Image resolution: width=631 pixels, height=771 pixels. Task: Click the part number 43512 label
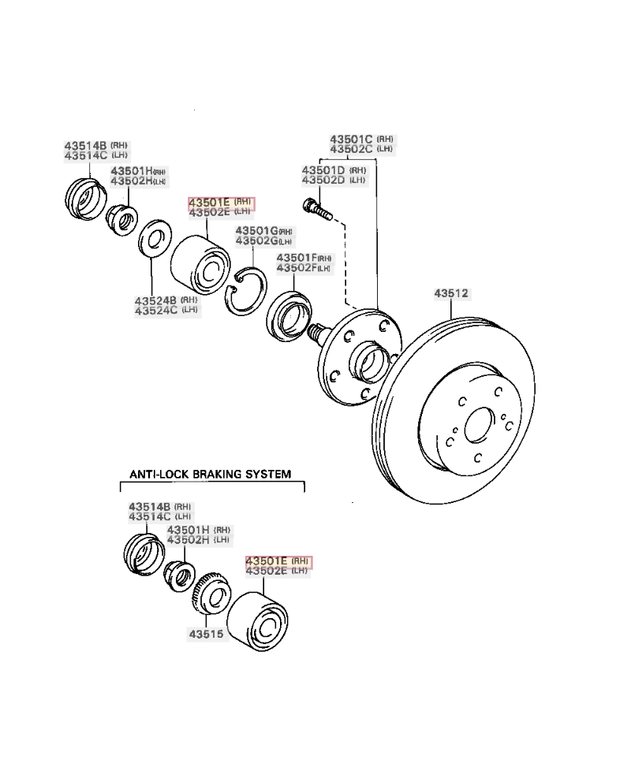(451, 293)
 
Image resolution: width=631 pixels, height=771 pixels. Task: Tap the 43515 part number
(204, 633)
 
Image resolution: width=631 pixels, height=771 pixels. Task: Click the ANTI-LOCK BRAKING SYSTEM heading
(210, 475)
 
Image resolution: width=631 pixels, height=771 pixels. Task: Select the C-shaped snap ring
(246, 291)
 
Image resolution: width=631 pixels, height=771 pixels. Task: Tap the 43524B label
(155, 300)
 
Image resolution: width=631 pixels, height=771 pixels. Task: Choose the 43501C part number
(351, 139)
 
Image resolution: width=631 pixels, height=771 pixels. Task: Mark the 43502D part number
(323, 180)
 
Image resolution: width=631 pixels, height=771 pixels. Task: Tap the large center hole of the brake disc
(478, 426)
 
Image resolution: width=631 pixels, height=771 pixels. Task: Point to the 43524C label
(155, 311)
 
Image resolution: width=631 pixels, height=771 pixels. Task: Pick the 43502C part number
(351, 149)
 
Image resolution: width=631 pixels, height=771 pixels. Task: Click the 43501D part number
(323, 169)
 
